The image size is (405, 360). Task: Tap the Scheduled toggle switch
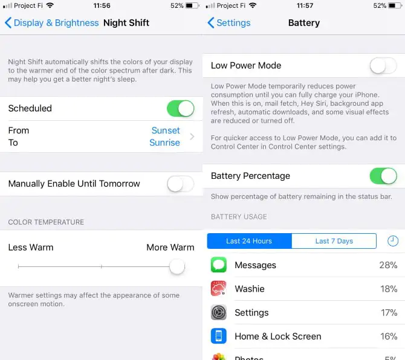click(180, 108)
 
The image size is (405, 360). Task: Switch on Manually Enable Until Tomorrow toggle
click(180, 184)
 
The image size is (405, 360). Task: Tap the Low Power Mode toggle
click(383, 66)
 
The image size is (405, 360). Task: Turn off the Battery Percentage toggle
click(383, 176)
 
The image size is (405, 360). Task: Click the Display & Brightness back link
click(51, 23)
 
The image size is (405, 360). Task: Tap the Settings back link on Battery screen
click(229, 23)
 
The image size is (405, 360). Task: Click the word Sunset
click(166, 130)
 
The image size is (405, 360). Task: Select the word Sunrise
click(164, 143)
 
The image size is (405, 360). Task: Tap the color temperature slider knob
click(177, 266)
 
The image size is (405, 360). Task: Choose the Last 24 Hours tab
click(249, 241)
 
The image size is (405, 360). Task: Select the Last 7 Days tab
click(334, 241)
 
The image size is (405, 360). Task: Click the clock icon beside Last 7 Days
click(392, 241)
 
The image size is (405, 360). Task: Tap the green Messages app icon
click(218, 265)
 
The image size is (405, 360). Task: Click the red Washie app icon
click(218, 289)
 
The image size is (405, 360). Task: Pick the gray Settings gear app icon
click(218, 312)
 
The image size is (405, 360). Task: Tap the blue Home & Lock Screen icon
click(218, 336)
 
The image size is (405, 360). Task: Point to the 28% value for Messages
click(388, 265)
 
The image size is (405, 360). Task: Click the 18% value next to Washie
click(389, 289)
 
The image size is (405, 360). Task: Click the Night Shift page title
click(126, 23)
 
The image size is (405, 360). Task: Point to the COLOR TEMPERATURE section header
click(46, 222)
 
